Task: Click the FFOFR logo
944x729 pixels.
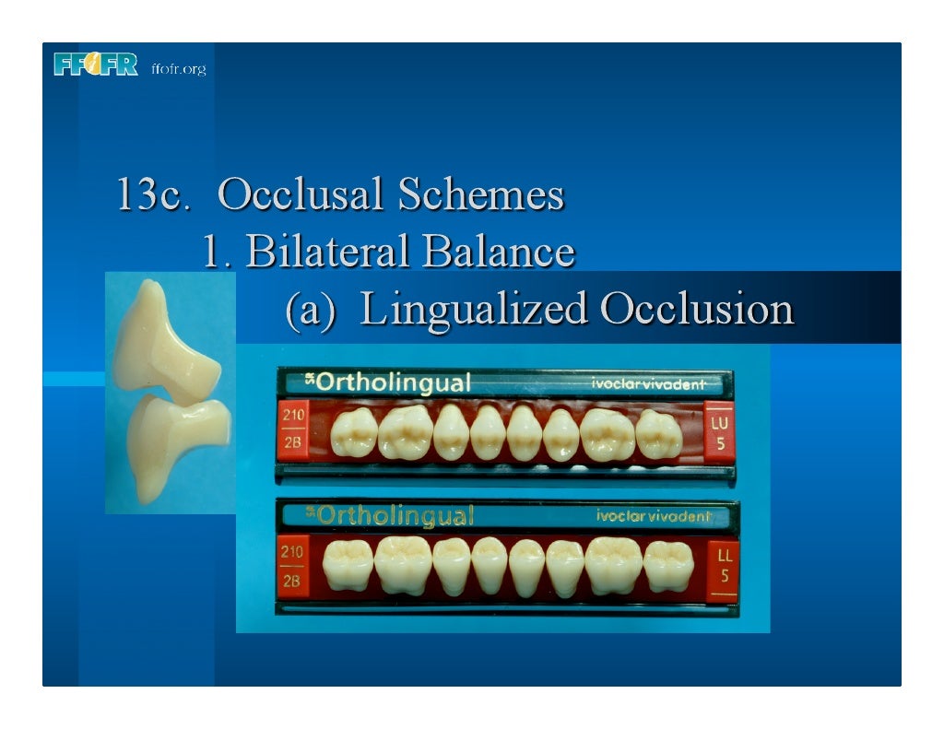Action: click(x=96, y=65)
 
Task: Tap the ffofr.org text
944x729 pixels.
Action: click(x=178, y=69)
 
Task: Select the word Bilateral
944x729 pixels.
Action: click(x=321, y=251)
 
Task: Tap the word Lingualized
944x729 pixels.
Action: click(x=474, y=310)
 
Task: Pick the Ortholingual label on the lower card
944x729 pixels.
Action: click(x=394, y=515)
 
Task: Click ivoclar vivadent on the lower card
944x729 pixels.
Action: click(x=654, y=516)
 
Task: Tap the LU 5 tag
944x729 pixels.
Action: click(x=720, y=432)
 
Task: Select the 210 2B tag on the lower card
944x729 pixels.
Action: click(x=292, y=567)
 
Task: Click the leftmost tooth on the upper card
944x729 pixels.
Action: click(x=353, y=433)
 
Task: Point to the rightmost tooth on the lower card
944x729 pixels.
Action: click(x=668, y=566)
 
